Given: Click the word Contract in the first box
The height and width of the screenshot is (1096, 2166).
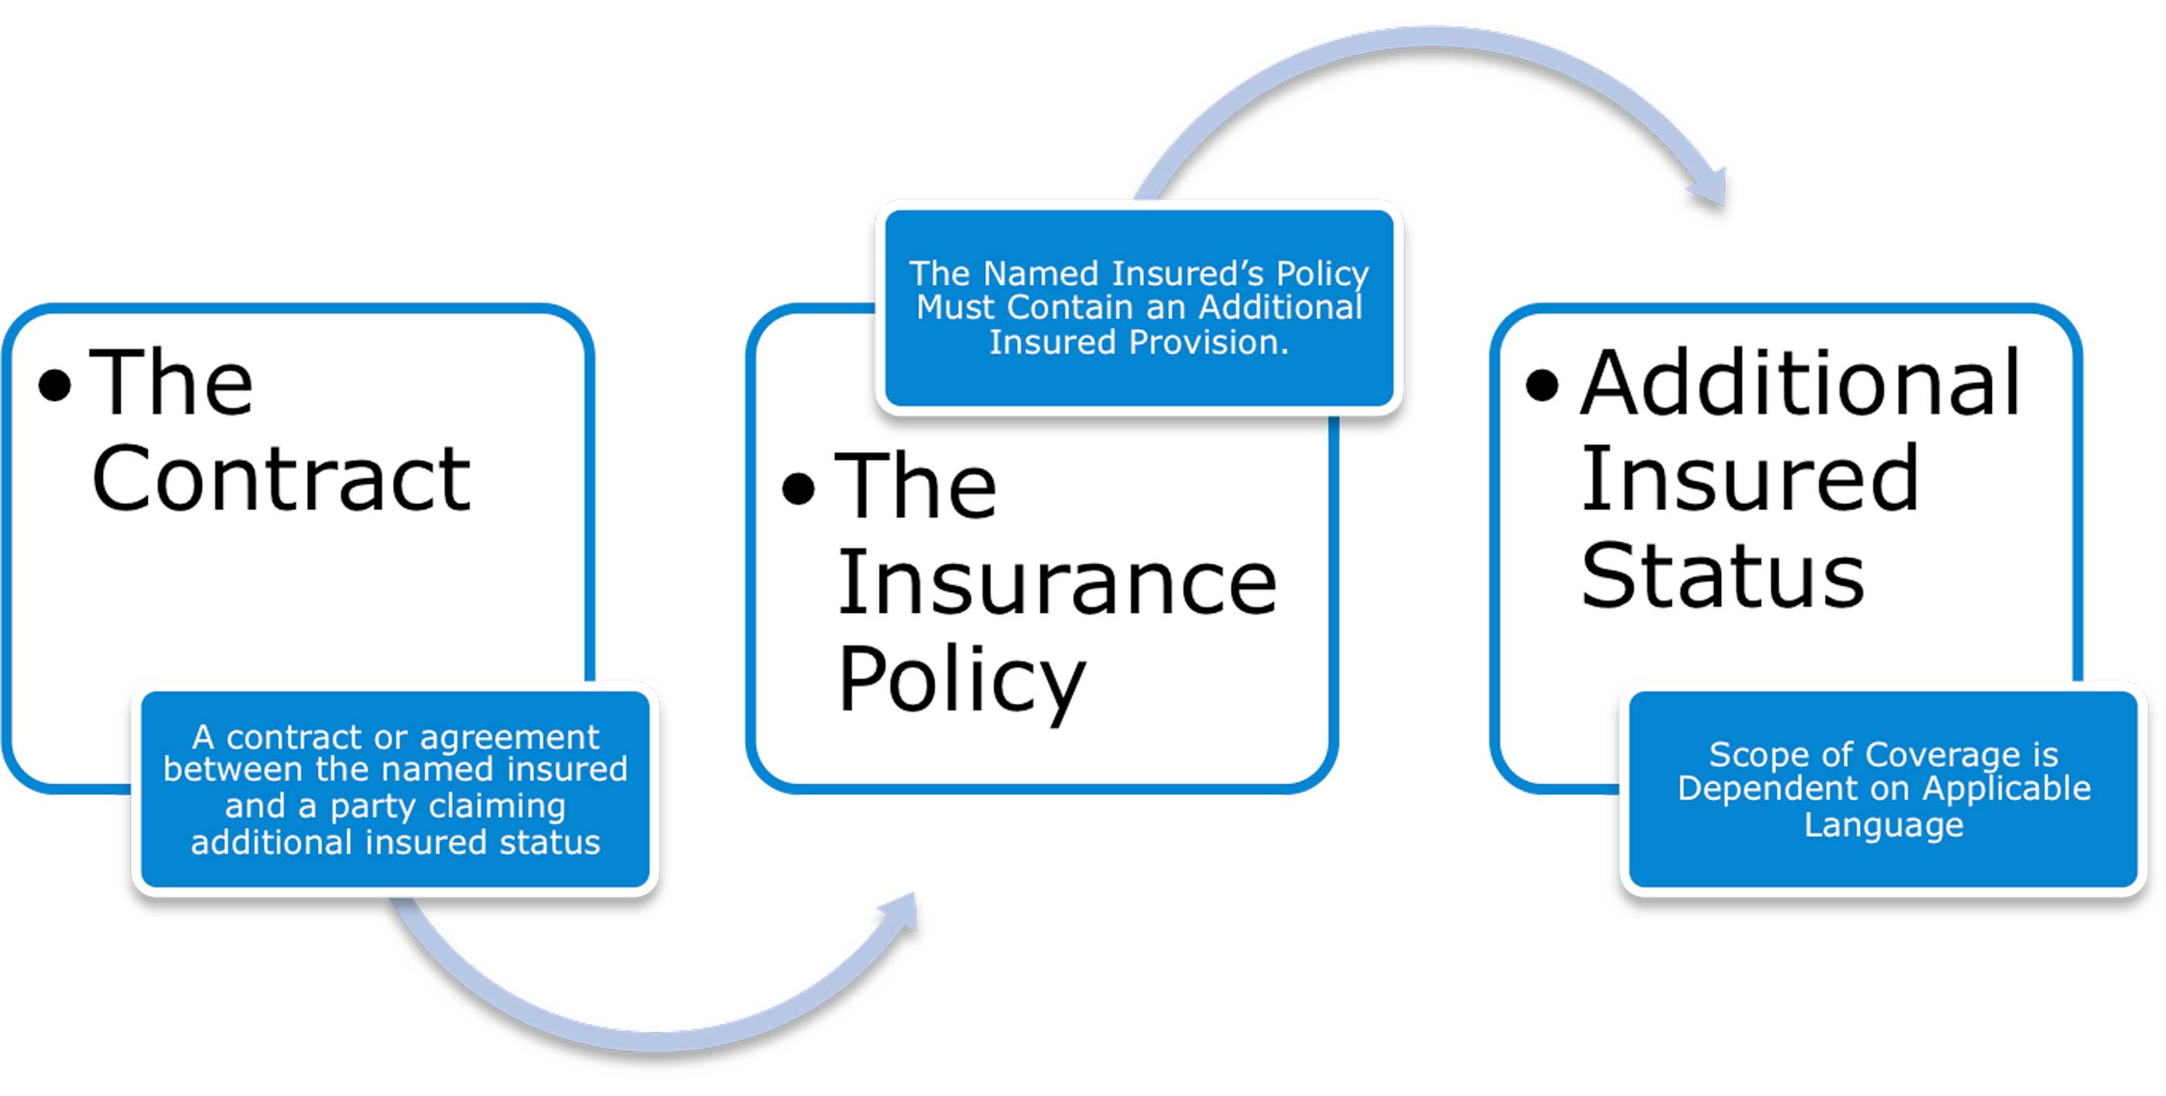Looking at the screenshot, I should coord(281,478).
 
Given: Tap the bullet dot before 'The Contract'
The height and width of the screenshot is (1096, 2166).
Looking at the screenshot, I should coord(56,385).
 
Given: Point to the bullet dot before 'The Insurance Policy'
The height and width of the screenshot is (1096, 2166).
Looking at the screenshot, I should coord(799,488).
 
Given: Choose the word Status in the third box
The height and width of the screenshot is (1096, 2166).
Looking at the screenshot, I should coord(1723,576).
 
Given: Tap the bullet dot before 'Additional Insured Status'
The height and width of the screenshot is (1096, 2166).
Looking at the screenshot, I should coord(1542,385).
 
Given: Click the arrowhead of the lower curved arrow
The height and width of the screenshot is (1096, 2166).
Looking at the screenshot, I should coord(902,913).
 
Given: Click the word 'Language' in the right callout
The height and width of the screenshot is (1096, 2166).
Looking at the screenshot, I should coord(1884,824).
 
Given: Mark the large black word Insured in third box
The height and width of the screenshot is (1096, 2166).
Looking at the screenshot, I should coord(1750,478).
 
